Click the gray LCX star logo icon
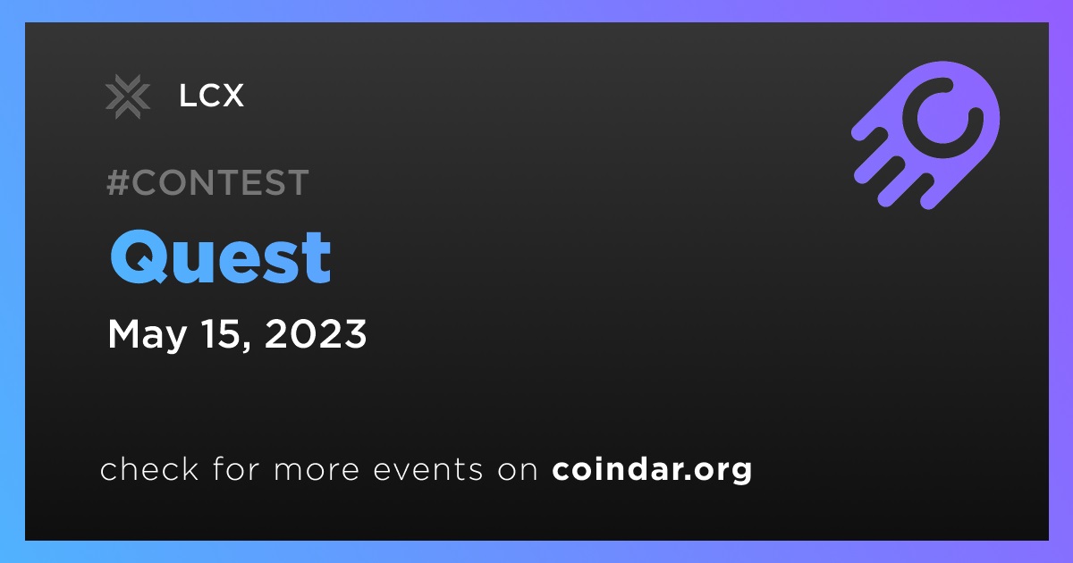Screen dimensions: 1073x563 tap(127, 97)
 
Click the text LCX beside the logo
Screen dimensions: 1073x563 tap(211, 96)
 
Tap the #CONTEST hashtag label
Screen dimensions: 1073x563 tap(207, 182)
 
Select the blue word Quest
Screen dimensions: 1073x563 tap(220, 257)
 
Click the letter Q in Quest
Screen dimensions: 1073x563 tap(139, 257)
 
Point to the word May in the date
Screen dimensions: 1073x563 tap(147, 336)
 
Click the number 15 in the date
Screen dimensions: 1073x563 tap(218, 333)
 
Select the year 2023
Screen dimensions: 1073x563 tap(315, 333)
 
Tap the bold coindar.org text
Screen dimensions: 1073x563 tap(652, 470)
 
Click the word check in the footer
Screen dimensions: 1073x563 tap(149, 468)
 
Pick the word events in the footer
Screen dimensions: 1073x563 tap(428, 470)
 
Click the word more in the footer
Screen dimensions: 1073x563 tap(317, 471)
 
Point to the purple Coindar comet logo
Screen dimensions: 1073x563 tap(925, 135)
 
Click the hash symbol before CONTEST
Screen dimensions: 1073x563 tap(117, 182)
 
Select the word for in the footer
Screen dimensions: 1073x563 tap(236, 468)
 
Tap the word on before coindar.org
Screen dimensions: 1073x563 tap(518, 471)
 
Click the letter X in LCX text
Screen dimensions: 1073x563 tap(232, 96)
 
